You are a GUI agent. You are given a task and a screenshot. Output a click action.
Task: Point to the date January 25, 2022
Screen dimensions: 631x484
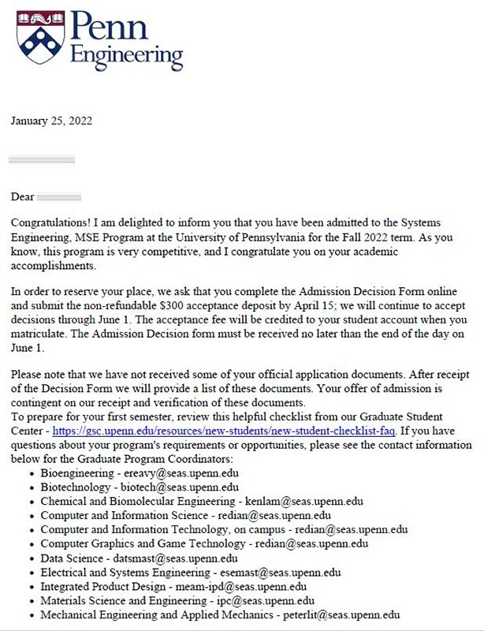(x=52, y=121)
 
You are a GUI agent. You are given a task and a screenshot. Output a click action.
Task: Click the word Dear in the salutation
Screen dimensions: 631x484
(x=22, y=196)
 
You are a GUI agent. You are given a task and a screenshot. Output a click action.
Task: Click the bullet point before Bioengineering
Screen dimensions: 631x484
(x=31, y=474)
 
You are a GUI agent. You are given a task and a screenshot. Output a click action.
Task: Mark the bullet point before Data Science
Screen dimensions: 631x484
(x=31, y=559)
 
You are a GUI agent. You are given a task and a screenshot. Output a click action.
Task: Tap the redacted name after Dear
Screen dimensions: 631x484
(x=59, y=196)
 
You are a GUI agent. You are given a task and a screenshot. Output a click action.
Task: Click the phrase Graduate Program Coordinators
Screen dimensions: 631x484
(x=137, y=459)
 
